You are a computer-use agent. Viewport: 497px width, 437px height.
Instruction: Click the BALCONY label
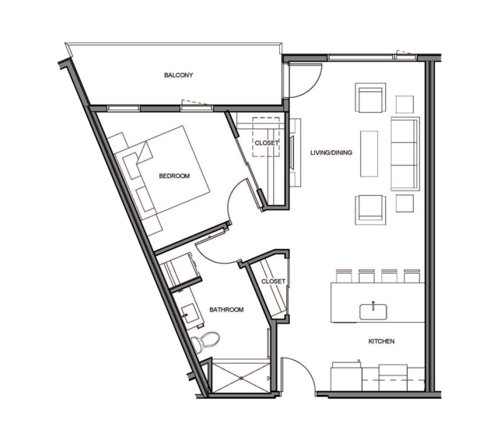pyautogui.click(x=178, y=75)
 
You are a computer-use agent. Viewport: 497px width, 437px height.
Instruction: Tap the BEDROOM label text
pyautogui.click(x=174, y=176)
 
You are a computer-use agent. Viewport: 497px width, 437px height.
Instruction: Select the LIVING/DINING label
pyautogui.click(x=331, y=152)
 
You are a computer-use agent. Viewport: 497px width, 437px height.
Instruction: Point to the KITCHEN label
pyautogui.click(x=381, y=341)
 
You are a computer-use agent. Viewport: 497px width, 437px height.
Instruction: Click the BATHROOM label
pyautogui.click(x=226, y=309)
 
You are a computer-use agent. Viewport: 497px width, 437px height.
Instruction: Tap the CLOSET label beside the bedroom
pyautogui.click(x=267, y=143)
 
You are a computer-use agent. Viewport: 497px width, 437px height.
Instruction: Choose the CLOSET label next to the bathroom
pyautogui.click(x=273, y=281)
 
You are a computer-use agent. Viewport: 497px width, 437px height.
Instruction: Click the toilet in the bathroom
pyautogui.click(x=205, y=341)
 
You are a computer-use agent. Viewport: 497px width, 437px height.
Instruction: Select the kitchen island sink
pyautogui.click(x=373, y=312)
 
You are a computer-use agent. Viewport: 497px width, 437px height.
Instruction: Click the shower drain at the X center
pyautogui.click(x=241, y=378)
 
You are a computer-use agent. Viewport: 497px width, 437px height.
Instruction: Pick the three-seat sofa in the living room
pyautogui.click(x=405, y=154)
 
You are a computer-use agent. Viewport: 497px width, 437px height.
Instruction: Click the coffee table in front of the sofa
pyautogui.click(x=369, y=154)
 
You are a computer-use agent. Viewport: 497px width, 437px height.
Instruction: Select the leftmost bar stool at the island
pyautogui.click(x=344, y=276)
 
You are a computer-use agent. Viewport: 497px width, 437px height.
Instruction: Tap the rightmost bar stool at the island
pyautogui.click(x=412, y=276)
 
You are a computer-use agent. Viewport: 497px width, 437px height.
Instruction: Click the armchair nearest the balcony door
pyautogui.click(x=370, y=98)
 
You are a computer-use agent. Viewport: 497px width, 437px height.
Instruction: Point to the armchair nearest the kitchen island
pyautogui.click(x=370, y=210)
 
